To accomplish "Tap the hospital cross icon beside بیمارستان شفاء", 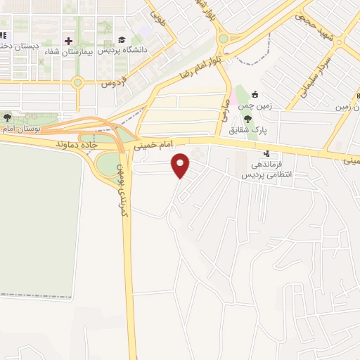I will click(x=68, y=40).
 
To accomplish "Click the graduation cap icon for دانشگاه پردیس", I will click(x=122, y=40).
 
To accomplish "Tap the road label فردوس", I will click(x=112, y=82).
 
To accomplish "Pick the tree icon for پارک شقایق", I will click(x=247, y=118).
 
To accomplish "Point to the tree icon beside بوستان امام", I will click(x=8, y=117).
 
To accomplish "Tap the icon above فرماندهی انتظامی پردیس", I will click(x=266, y=153).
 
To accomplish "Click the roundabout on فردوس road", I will click(x=78, y=82).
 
